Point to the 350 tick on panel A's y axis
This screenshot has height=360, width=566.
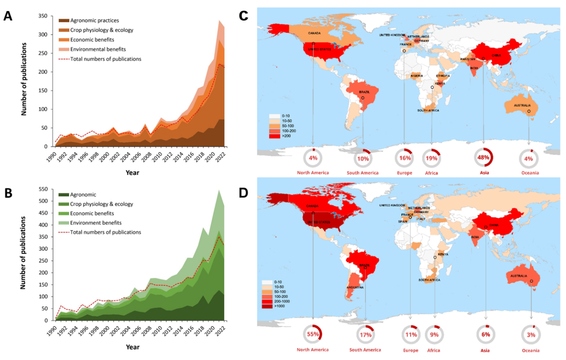point(43,16)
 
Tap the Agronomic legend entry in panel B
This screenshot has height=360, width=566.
point(83,194)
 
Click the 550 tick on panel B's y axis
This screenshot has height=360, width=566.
point(43,190)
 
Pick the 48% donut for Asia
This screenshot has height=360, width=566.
point(483,157)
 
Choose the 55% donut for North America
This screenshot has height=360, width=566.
point(312,335)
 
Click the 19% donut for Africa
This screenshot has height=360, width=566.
point(432,157)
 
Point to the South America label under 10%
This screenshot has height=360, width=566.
point(362,173)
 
